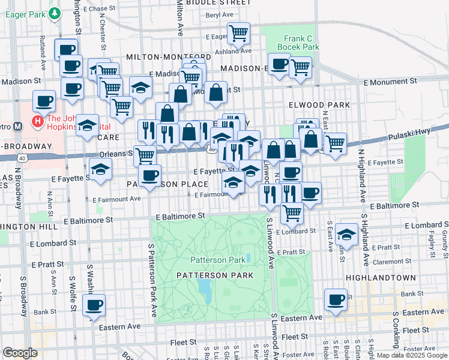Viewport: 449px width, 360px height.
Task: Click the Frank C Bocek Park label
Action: tap(301, 41)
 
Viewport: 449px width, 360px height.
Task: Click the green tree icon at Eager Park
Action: tap(55, 12)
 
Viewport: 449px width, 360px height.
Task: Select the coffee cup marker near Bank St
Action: tap(94, 304)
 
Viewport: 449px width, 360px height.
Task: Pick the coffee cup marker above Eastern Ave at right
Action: tap(336, 299)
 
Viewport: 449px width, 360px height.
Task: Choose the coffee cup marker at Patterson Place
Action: tap(149, 175)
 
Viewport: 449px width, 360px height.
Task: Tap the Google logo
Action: tap(20, 353)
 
